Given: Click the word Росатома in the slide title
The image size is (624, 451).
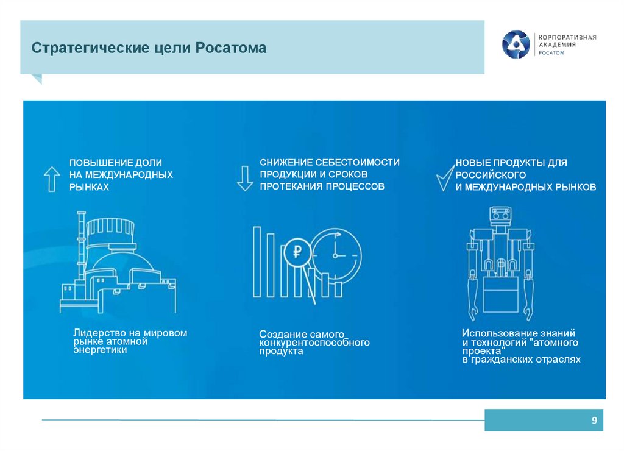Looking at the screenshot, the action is (x=230, y=48).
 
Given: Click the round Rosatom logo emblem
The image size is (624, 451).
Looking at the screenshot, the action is (x=516, y=44).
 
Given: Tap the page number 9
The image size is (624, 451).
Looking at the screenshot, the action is (x=594, y=421).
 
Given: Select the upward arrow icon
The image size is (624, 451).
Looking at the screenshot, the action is (x=52, y=179).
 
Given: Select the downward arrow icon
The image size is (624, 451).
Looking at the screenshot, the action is (x=245, y=179).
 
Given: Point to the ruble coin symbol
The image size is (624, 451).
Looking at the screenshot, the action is (x=297, y=252).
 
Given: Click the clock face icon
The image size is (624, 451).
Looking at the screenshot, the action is (x=336, y=255).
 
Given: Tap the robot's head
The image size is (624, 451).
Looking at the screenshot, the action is (x=500, y=215).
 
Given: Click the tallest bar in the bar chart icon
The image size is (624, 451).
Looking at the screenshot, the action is (x=257, y=262).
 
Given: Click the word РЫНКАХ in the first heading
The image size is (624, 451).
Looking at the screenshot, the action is (x=89, y=187).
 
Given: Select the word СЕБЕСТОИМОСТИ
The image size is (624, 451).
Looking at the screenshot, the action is (x=357, y=162).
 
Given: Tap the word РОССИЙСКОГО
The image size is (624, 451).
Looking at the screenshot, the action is (x=491, y=175).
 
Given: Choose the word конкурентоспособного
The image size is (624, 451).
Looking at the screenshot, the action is (x=314, y=343).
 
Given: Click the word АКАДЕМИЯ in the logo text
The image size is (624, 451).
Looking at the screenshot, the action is (x=557, y=44).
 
